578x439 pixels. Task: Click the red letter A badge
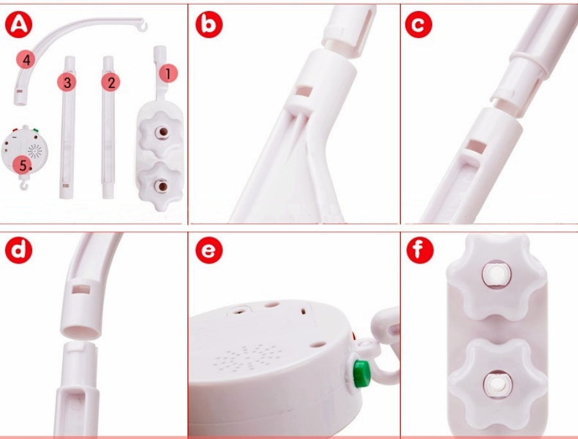pyautogui.click(x=19, y=24)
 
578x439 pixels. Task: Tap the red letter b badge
pyautogui.click(x=209, y=24)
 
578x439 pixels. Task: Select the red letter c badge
pyautogui.click(x=418, y=24)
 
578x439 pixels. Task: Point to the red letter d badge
pyautogui.click(x=19, y=250)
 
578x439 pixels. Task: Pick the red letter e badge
pyautogui.click(x=209, y=250)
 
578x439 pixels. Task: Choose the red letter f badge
pyautogui.click(x=420, y=250)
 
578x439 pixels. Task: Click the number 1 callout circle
pyautogui.click(x=168, y=74)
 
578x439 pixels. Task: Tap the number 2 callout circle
pyautogui.click(x=111, y=82)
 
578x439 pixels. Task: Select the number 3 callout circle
pyautogui.click(x=67, y=82)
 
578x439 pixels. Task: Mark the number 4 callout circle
pyautogui.click(x=26, y=59)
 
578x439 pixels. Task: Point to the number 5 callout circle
pyautogui.click(x=22, y=165)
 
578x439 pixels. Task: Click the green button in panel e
pyautogui.click(x=361, y=373)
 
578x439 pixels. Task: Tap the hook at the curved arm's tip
pyautogui.click(x=143, y=25)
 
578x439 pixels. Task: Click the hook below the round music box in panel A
pyautogui.click(x=24, y=183)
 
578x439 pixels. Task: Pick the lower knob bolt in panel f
pyautogui.click(x=497, y=386)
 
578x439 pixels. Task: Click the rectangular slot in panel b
pyautogui.click(x=304, y=91)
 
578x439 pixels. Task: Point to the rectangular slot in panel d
pyautogui.click(x=81, y=289)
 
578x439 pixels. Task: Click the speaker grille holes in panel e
pyautogui.click(x=246, y=357)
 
